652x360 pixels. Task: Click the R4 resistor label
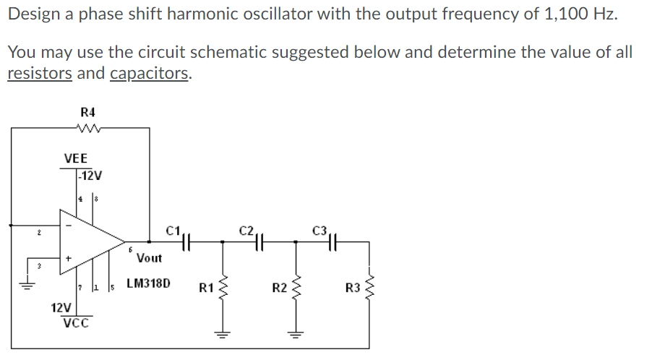(x=88, y=112)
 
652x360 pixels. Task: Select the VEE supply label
(x=76, y=158)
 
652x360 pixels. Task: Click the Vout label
(x=149, y=257)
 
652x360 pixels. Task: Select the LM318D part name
(x=149, y=283)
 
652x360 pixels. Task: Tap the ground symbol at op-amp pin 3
(x=30, y=285)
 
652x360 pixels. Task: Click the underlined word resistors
(x=39, y=73)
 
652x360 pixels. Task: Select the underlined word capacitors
(x=150, y=73)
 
